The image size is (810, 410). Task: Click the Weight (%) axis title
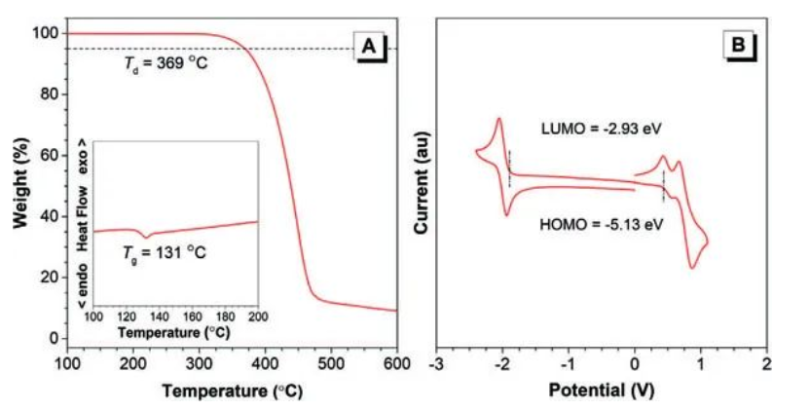21,185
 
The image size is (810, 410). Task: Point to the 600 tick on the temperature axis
396,363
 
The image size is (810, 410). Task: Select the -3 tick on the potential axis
438,363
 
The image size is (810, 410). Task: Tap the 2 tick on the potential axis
766,363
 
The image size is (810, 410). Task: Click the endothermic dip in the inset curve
146,237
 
